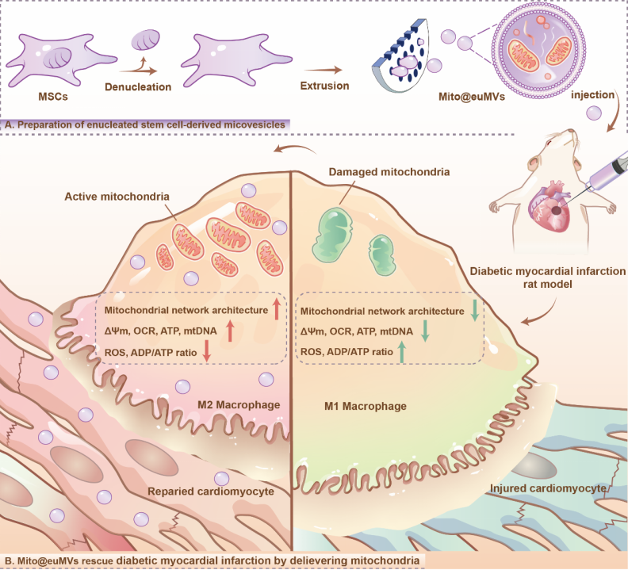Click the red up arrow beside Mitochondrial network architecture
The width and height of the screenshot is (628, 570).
[x=277, y=310]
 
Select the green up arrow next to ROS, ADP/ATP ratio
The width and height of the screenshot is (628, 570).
[x=402, y=352]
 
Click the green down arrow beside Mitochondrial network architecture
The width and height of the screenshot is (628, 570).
[x=473, y=310]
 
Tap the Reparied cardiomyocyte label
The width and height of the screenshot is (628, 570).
[x=212, y=492]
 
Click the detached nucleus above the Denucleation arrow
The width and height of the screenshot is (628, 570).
[x=144, y=40]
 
